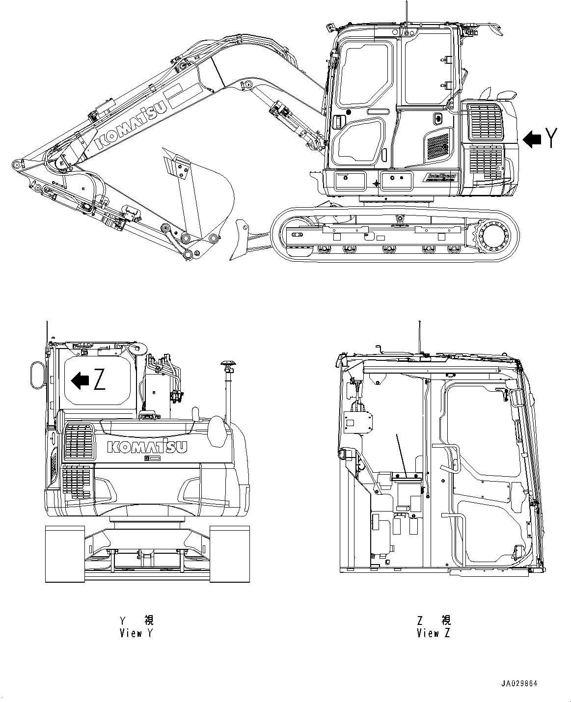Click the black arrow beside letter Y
[532, 139]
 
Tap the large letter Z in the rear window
[99, 380]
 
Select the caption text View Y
[136, 633]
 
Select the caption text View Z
[433, 633]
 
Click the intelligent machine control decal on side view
[441, 177]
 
